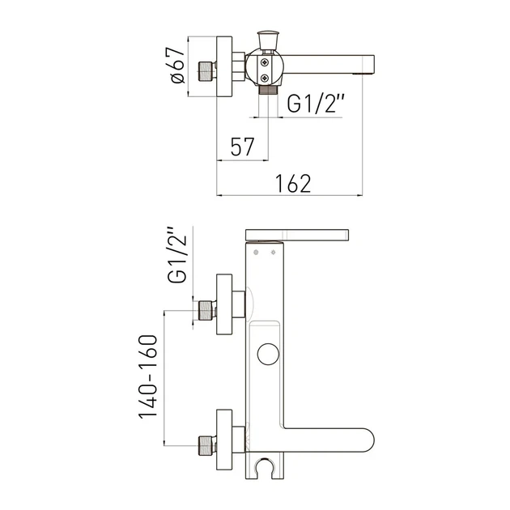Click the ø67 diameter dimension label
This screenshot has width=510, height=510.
[x=178, y=66]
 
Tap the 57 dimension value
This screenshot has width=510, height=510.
[x=243, y=147]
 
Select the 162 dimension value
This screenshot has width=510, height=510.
[x=293, y=184]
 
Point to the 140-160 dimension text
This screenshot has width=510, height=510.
[x=148, y=376]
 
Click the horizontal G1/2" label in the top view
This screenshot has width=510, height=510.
[x=316, y=104]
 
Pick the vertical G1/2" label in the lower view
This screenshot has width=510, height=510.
[x=177, y=255]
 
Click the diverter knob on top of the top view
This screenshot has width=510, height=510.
[x=268, y=40]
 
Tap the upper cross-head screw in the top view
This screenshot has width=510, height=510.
[x=265, y=62]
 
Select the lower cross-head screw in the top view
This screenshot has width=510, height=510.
[x=265, y=78]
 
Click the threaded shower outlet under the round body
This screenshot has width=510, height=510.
[x=268, y=90]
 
